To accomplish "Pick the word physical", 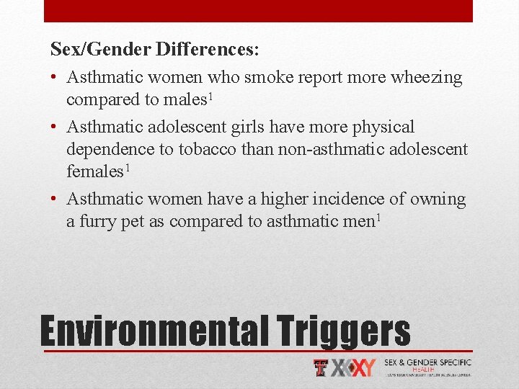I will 383,128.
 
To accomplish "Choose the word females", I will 94,172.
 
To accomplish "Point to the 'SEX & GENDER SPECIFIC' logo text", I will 427,362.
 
